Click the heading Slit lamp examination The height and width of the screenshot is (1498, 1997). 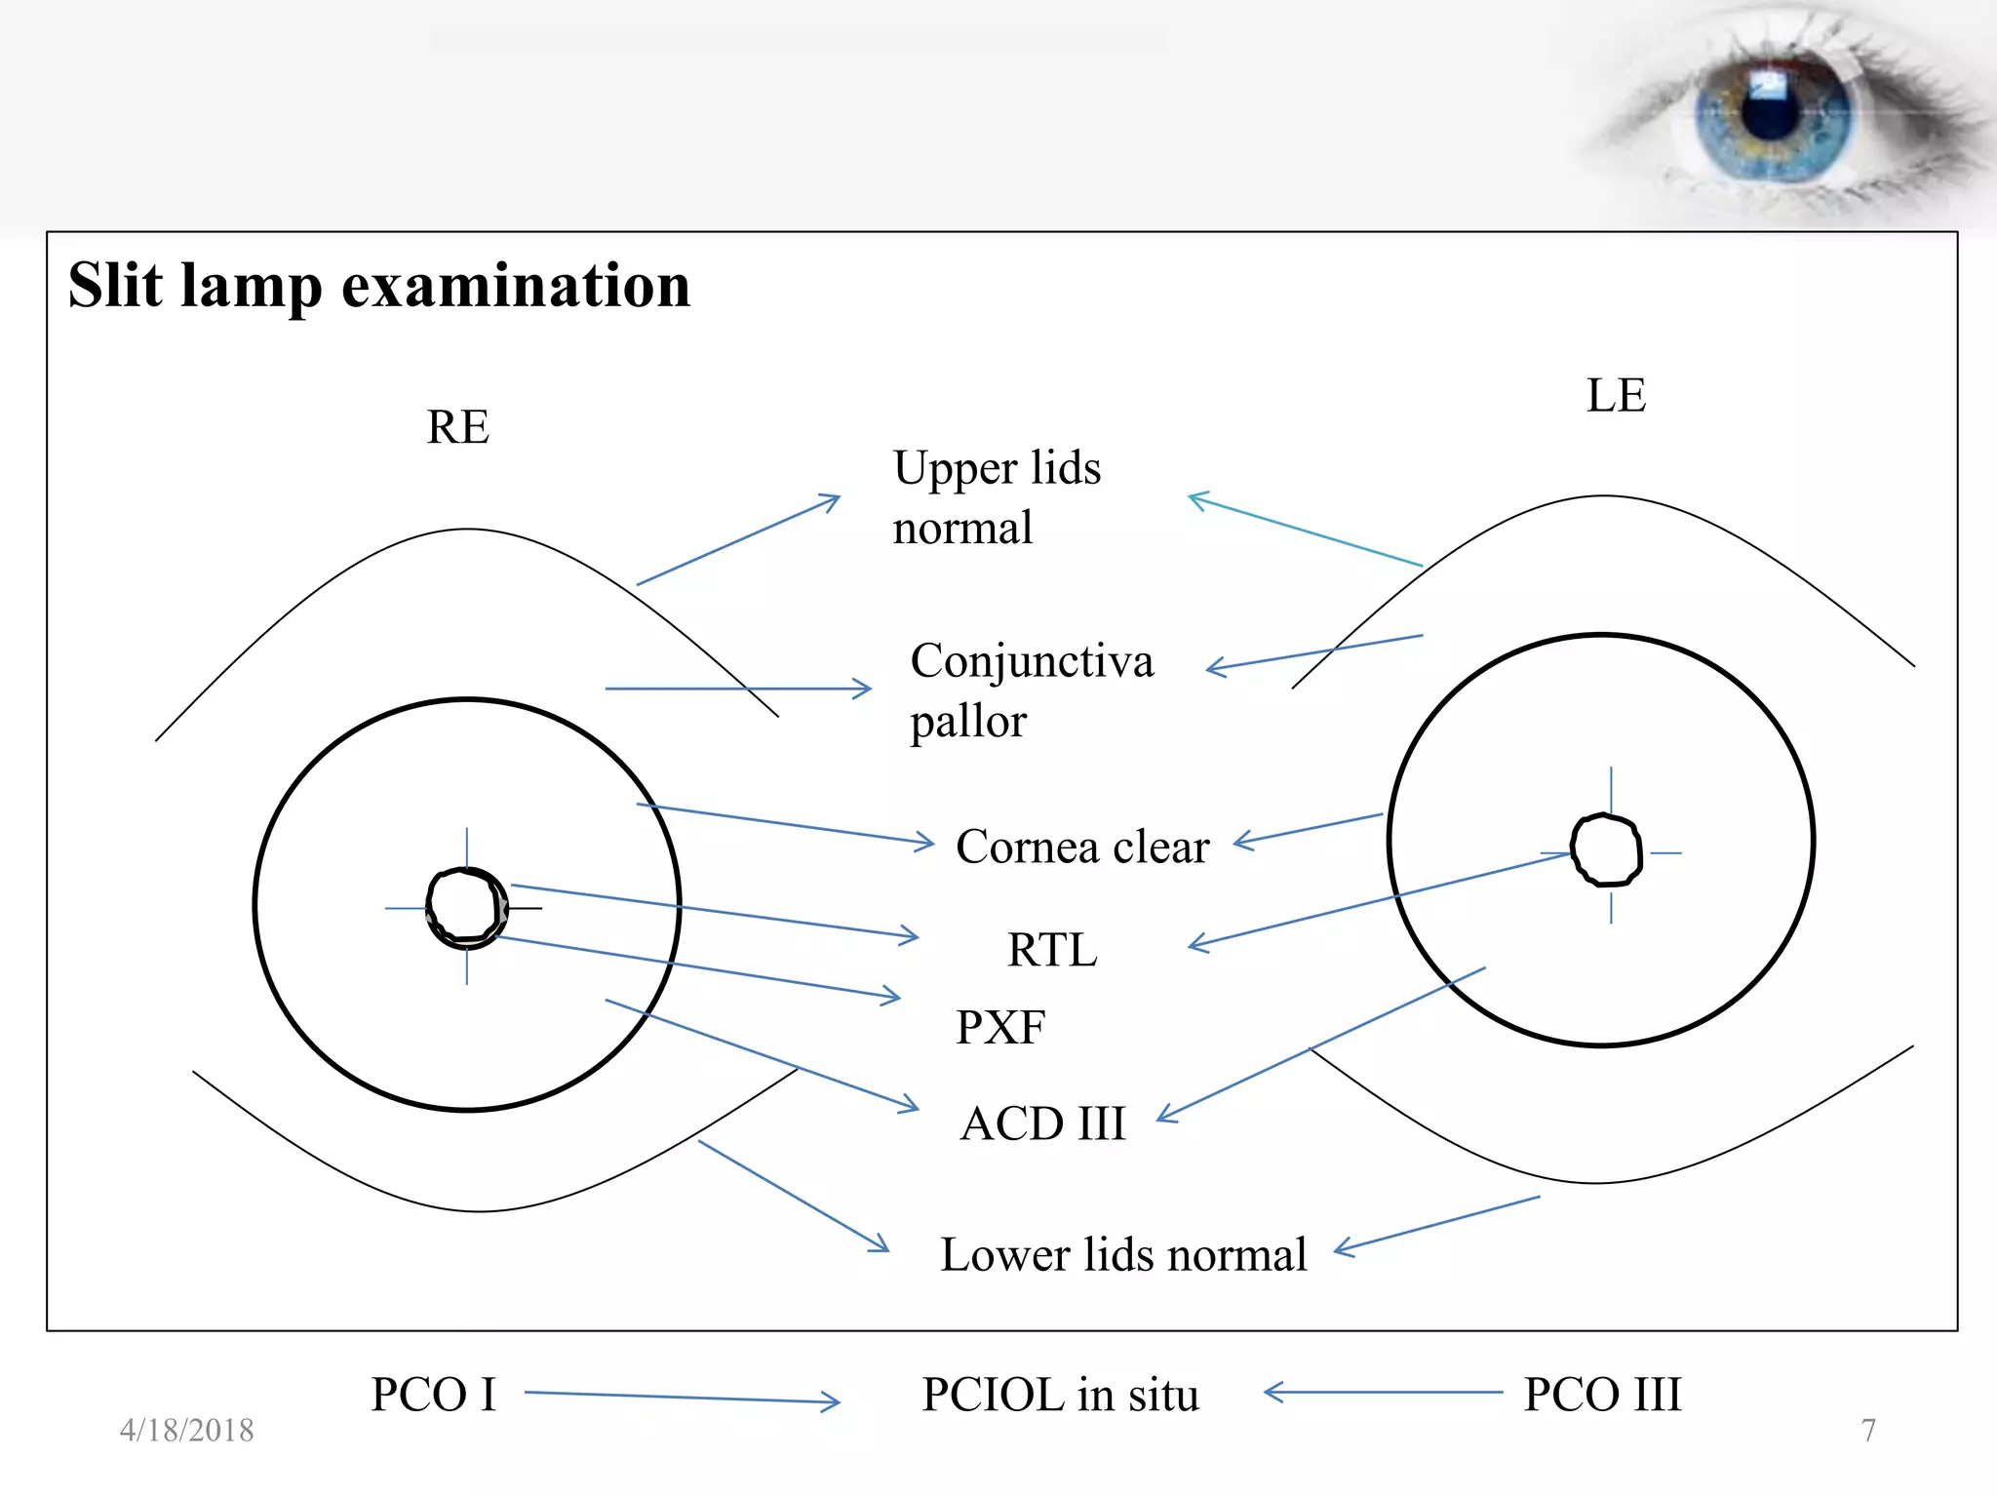tap(378, 286)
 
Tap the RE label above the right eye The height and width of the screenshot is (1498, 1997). tap(457, 426)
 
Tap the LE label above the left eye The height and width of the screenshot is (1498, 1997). tap(1616, 395)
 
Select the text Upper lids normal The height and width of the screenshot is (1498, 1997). tap(996, 497)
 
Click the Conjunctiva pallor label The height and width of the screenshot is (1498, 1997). tap(1031, 690)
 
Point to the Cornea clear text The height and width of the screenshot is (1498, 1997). tap(1081, 846)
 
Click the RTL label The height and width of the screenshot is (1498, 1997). tap(1052, 949)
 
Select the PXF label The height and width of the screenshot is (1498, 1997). tap(1000, 1027)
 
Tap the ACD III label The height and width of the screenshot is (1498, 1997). tap(1042, 1123)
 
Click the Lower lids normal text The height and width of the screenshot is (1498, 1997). tap(1123, 1254)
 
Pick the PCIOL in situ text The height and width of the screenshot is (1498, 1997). tap(1060, 1394)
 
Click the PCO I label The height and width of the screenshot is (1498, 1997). tap(433, 1394)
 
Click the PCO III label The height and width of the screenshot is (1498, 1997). tap(1602, 1394)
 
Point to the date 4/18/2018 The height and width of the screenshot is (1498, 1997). tap(186, 1430)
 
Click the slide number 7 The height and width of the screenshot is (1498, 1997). tap(1868, 1430)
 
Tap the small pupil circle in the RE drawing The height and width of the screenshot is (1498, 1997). tap(466, 907)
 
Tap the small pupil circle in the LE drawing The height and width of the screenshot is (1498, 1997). tap(1606, 850)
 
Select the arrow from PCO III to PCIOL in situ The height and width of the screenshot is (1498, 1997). tap(1383, 1393)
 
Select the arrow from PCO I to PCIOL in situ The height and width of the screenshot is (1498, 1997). tap(682, 1398)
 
